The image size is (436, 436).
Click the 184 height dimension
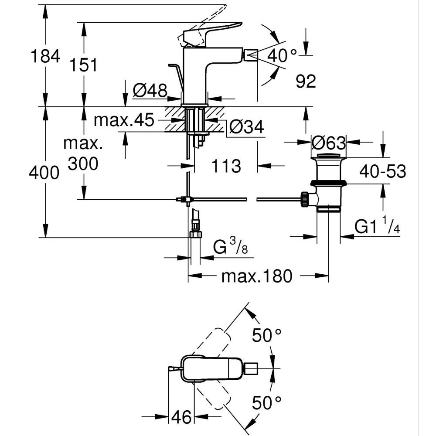(44, 56)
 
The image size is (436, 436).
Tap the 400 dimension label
(44, 173)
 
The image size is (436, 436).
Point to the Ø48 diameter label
(150, 91)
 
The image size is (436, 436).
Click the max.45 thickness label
(124, 120)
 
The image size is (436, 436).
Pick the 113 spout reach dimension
(226, 166)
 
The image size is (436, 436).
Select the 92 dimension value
(305, 81)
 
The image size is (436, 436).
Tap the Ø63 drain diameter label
(329, 143)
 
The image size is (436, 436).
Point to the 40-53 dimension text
(382, 171)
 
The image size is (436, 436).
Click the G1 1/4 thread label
(377, 227)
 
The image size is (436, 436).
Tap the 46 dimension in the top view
(181, 417)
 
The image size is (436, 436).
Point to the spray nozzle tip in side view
(250, 55)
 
